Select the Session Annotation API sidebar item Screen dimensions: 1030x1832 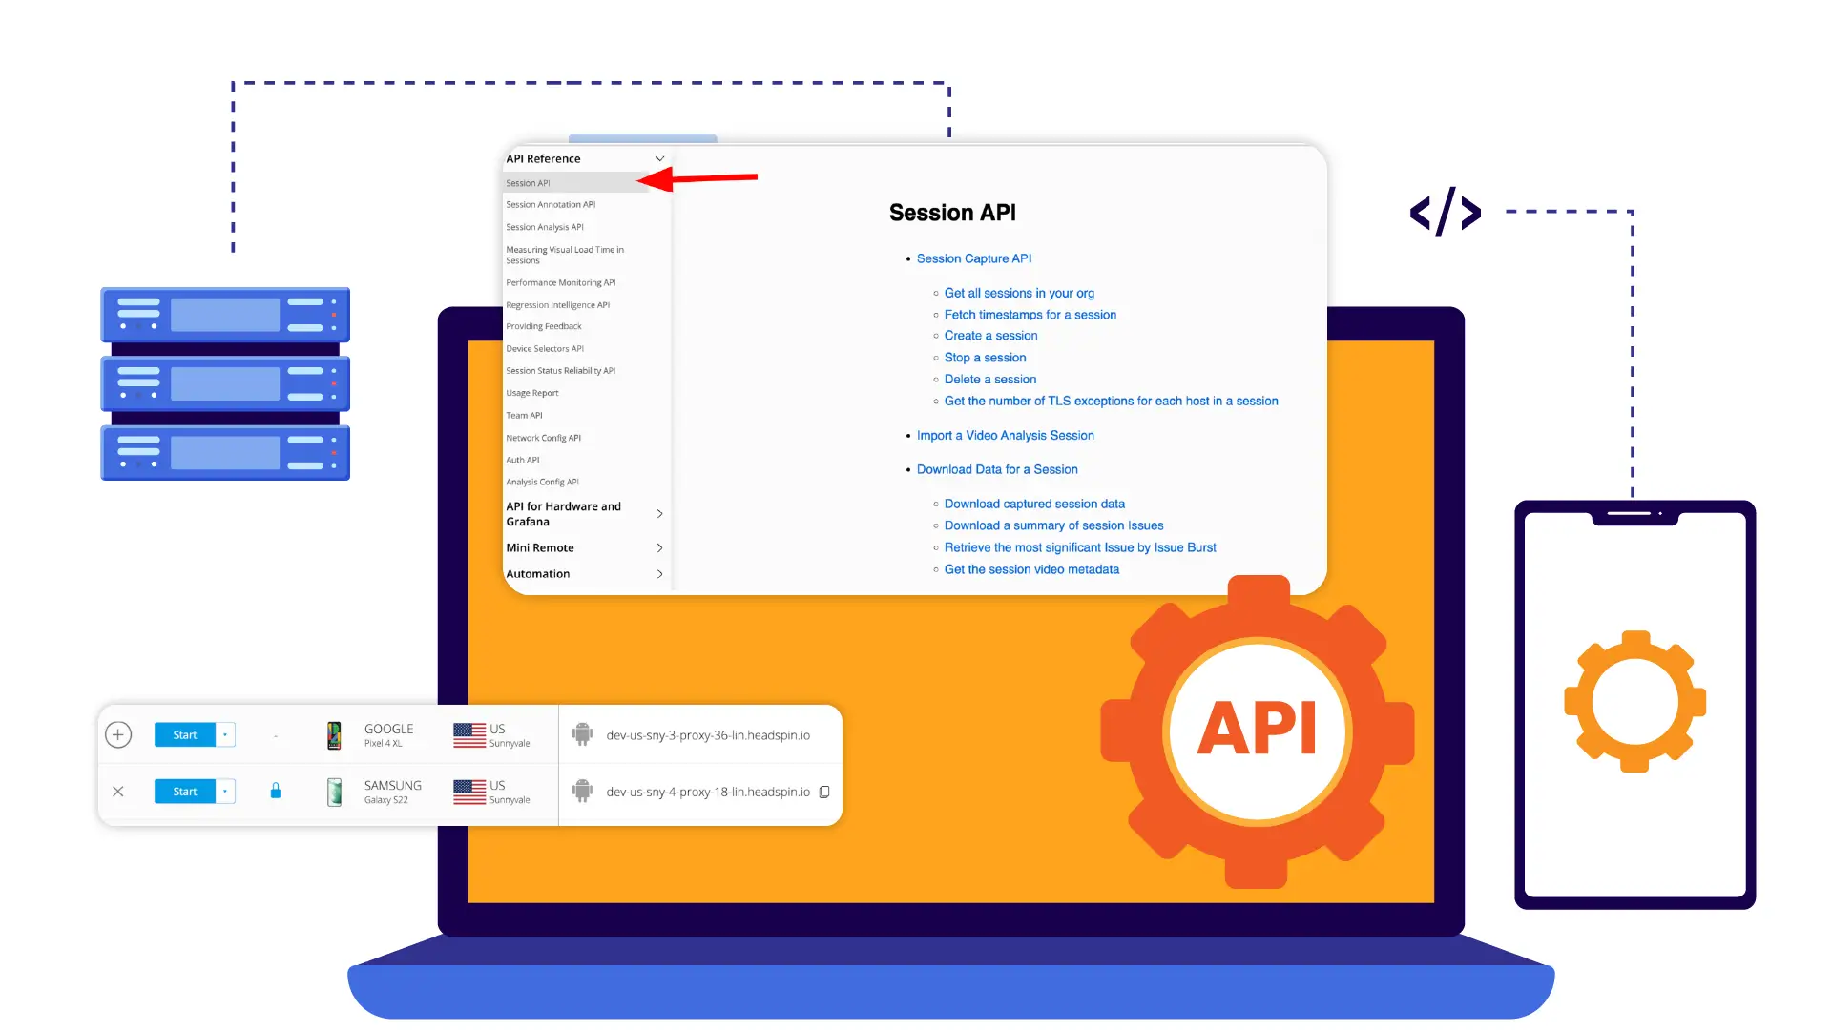point(551,205)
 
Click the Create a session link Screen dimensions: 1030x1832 point(990,336)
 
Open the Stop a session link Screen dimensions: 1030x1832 point(985,358)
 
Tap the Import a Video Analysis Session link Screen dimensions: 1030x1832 point(1005,436)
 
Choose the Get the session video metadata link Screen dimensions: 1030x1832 point(1031,569)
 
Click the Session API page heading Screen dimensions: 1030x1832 point(952,213)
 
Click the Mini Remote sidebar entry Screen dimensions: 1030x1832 point(540,548)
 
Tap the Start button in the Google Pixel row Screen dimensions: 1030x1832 point(185,735)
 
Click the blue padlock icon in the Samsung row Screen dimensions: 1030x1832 point(276,791)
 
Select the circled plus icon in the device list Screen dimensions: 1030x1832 point(118,734)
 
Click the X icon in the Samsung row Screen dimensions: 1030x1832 point(118,792)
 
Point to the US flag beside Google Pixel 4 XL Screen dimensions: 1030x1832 point(469,735)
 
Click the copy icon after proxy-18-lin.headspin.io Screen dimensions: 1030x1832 point(825,793)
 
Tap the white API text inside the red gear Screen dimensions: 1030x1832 point(1257,730)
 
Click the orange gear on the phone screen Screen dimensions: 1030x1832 point(1634,701)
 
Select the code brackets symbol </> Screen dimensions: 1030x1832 point(1446,212)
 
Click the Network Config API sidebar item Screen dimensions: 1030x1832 point(543,439)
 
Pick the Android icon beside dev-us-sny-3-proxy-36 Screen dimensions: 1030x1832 point(582,734)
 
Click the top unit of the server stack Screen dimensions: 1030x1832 point(225,315)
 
